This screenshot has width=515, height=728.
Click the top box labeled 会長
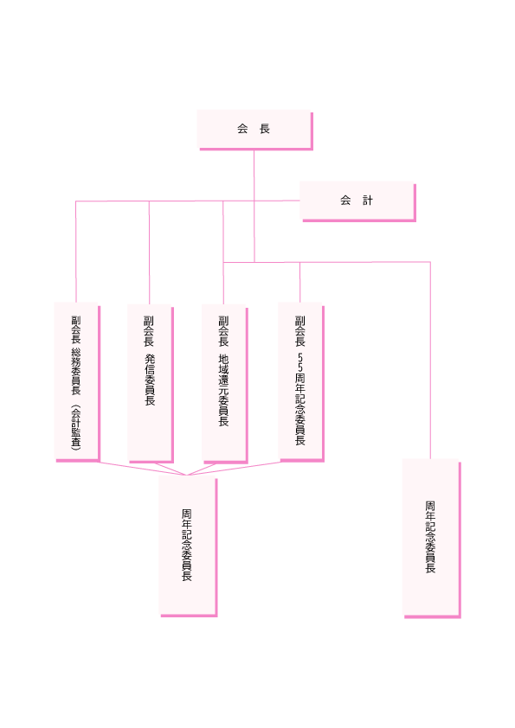[x=254, y=130]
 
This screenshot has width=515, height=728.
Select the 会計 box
[x=357, y=201]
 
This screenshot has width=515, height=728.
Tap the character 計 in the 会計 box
[x=368, y=201]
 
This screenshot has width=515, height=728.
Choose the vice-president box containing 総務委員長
[x=77, y=382]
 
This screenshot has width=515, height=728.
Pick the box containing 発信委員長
[x=151, y=384]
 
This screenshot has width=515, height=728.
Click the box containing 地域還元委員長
[x=224, y=384]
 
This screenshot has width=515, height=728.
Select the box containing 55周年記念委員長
[x=300, y=382]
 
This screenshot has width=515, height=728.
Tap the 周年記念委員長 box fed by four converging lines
[x=188, y=546]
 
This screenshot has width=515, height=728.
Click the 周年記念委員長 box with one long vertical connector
[x=431, y=539]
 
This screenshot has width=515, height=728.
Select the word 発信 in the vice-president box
[x=150, y=365]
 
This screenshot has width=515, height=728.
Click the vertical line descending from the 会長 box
[x=254, y=206]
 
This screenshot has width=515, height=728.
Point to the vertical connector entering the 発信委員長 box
[x=149, y=253]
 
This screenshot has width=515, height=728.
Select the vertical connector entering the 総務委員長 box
[x=76, y=252]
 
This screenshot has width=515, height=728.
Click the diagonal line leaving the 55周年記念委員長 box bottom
[x=234, y=469]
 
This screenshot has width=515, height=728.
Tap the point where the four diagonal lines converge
[x=186, y=475]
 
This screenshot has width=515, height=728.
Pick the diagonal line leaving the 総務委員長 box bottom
[x=143, y=468]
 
